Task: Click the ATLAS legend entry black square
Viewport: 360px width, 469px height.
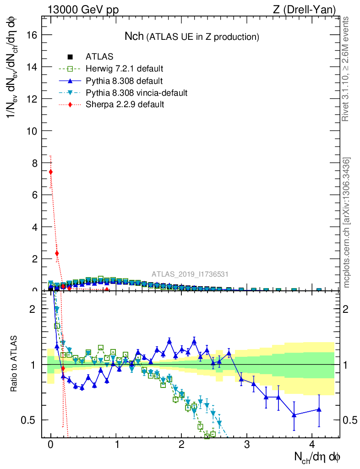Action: pos(70,57)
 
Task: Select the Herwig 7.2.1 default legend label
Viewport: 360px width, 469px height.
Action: pos(125,69)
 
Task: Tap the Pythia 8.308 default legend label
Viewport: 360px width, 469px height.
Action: pos(124,81)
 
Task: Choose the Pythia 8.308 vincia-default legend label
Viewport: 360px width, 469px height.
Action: pos(136,93)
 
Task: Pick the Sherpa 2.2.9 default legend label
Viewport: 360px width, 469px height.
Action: pos(125,104)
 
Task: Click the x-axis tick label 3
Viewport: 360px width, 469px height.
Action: pos(247,445)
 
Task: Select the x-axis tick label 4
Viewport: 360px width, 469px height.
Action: pos(312,445)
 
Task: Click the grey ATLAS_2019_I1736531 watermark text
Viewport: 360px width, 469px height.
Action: pos(190,274)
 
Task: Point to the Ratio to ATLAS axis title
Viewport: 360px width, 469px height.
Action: pos(14,364)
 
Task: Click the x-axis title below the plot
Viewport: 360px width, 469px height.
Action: pos(317,457)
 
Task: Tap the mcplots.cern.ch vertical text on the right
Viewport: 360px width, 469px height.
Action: pos(347,223)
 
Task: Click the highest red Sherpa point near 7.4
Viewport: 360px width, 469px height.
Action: pos(51,172)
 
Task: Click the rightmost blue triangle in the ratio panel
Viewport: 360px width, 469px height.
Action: pos(319,409)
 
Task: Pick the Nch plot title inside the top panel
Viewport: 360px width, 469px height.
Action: pos(192,37)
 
